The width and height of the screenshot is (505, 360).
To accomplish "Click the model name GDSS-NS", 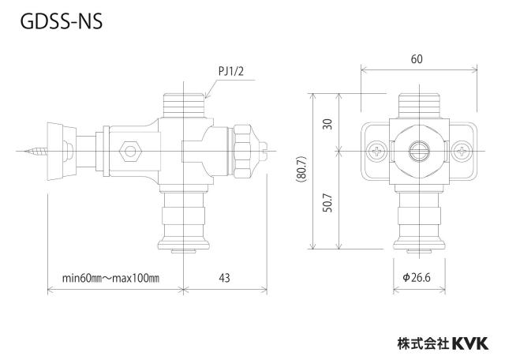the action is [62, 21].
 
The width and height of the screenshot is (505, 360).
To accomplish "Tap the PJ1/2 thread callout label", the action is [231, 71].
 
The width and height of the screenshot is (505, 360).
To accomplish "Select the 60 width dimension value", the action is [417, 59].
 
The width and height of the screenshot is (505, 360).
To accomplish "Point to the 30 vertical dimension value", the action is [327, 124].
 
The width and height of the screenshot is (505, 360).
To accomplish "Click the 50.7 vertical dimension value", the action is [327, 203].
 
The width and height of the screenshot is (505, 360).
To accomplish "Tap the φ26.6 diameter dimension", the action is [417, 277].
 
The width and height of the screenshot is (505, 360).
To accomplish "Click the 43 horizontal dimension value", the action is [224, 277].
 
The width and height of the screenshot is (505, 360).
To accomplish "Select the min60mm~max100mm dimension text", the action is [110, 278].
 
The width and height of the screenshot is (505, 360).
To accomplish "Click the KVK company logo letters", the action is [470, 343].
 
